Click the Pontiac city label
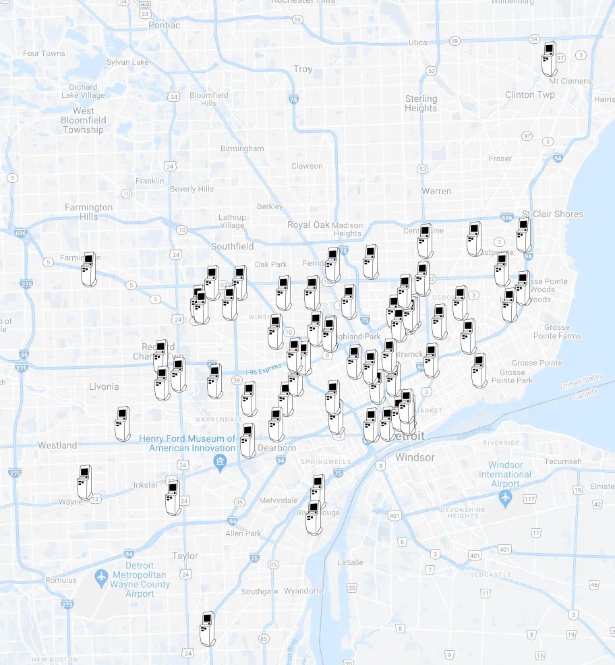click(x=164, y=25)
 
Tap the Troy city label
click(x=303, y=69)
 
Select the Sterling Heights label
click(x=421, y=103)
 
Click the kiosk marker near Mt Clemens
click(x=549, y=59)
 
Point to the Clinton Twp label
click(x=529, y=94)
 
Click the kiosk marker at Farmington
click(x=88, y=268)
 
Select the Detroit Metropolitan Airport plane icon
click(x=101, y=577)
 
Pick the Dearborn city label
click(x=276, y=448)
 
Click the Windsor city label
click(x=415, y=457)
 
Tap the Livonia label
click(x=104, y=386)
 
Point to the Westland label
click(x=57, y=445)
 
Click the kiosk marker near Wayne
click(x=84, y=482)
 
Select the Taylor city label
click(x=185, y=556)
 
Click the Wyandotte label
click(x=303, y=591)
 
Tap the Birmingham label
click(x=242, y=148)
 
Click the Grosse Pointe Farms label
click(x=556, y=331)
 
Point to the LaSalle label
click(x=350, y=562)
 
